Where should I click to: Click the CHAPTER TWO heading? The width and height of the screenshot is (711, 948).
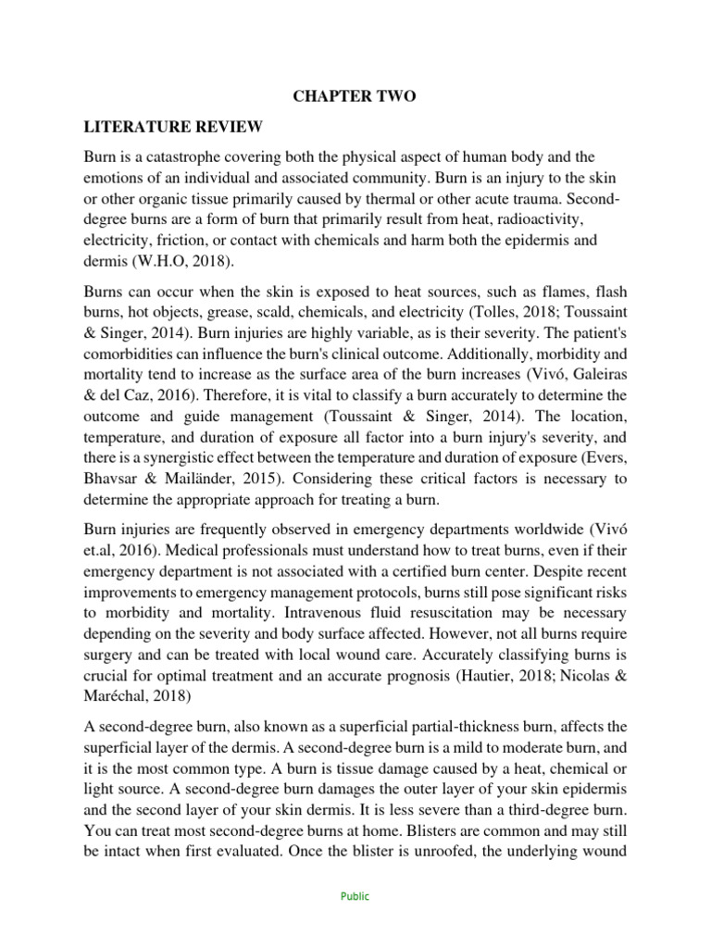355,96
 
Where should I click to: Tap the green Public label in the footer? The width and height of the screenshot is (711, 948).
355,896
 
